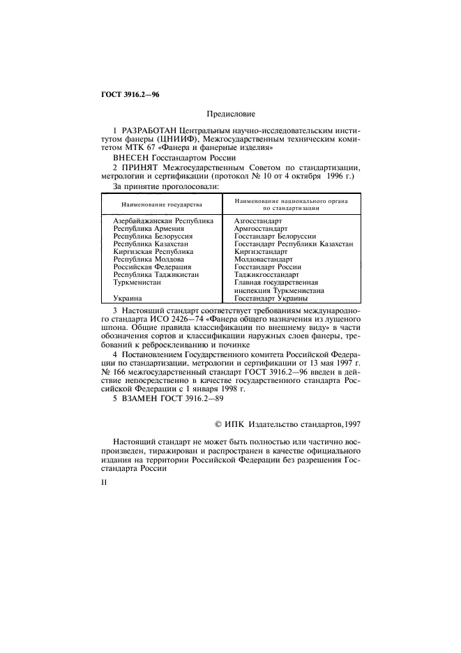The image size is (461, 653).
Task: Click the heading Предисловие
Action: click(230, 113)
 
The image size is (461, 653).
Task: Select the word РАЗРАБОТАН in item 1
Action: click(149, 131)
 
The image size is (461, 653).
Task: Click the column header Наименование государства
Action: click(161, 205)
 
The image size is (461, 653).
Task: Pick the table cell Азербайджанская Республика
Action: click(163, 221)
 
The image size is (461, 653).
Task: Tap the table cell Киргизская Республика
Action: click(153, 252)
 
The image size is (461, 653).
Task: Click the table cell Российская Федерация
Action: click(152, 267)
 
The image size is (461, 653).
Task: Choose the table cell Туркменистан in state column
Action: click(137, 283)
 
